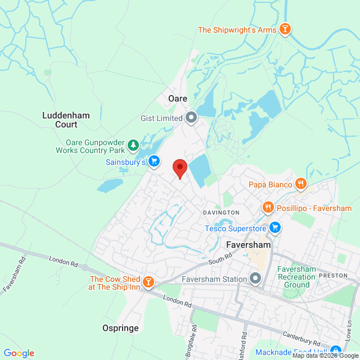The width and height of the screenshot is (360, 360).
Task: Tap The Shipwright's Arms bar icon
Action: tap(285, 29)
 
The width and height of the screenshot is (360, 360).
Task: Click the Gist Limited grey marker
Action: tap(191, 118)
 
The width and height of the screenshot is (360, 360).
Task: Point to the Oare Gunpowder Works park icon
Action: tap(133, 146)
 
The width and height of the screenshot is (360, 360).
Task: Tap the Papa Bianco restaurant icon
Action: tap(301, 184)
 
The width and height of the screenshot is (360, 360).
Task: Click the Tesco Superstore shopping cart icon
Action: tap(275, 228)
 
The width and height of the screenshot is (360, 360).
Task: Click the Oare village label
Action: tap(178, 98)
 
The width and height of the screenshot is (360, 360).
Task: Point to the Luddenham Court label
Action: tap(66, 120)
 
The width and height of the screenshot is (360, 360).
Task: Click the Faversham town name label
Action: tap(248, 245)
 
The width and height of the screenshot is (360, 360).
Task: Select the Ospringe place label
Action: tap(120, 327)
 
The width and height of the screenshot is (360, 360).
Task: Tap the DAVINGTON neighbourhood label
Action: tap(221, 212)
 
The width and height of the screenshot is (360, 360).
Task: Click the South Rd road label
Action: tap(220, 259)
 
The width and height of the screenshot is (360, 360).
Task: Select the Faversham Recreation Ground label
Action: tap(297, 277)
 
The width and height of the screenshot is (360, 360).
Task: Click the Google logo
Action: tap(18, 353)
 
